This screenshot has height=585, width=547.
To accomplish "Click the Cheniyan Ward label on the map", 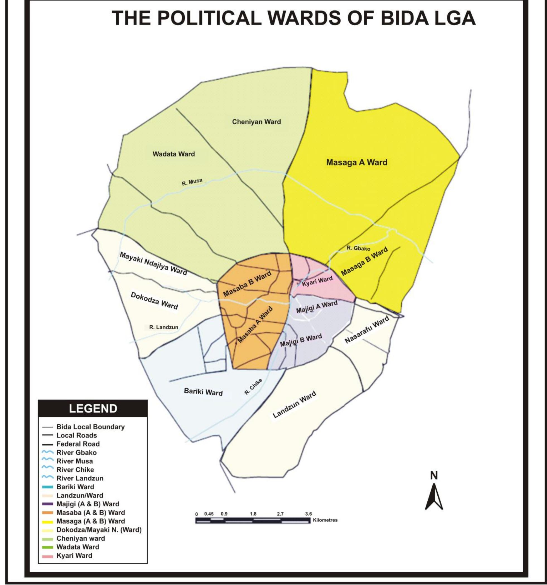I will point(256,122).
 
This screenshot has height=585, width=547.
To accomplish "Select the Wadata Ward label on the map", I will point(174,154).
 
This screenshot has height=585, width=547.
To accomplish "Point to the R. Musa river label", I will point(192,182).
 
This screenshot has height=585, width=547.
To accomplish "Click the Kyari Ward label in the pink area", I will point(317,281).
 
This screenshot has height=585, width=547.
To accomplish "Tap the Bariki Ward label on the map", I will point(203,392).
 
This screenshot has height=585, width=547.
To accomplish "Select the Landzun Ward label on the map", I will point(294,405).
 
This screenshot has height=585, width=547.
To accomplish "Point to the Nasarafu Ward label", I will point(367,330).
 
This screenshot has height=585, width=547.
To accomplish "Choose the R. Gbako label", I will point(358,248).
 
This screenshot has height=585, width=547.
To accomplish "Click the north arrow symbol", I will point(434,498).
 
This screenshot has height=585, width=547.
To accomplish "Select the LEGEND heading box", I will point(93,408).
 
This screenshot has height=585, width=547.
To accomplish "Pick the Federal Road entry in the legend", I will point(78,444).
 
